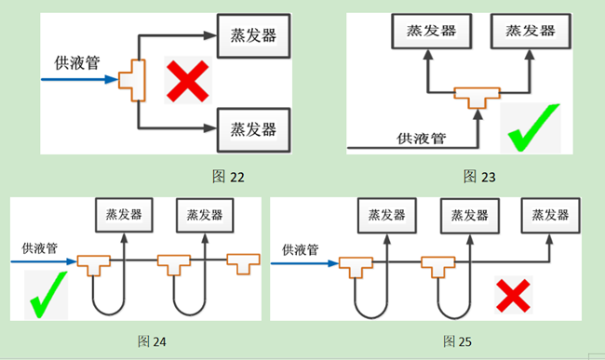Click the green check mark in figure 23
coord(534,128)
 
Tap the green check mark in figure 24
coord(47,295)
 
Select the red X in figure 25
coord(511,297)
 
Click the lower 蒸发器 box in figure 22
coord(252,126)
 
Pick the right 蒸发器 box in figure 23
coord(530,31)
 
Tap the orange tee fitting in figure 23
coord(477,95)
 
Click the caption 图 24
coord(152,341)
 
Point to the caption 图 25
coord(457,341)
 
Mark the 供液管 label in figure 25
coord(300,249)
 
